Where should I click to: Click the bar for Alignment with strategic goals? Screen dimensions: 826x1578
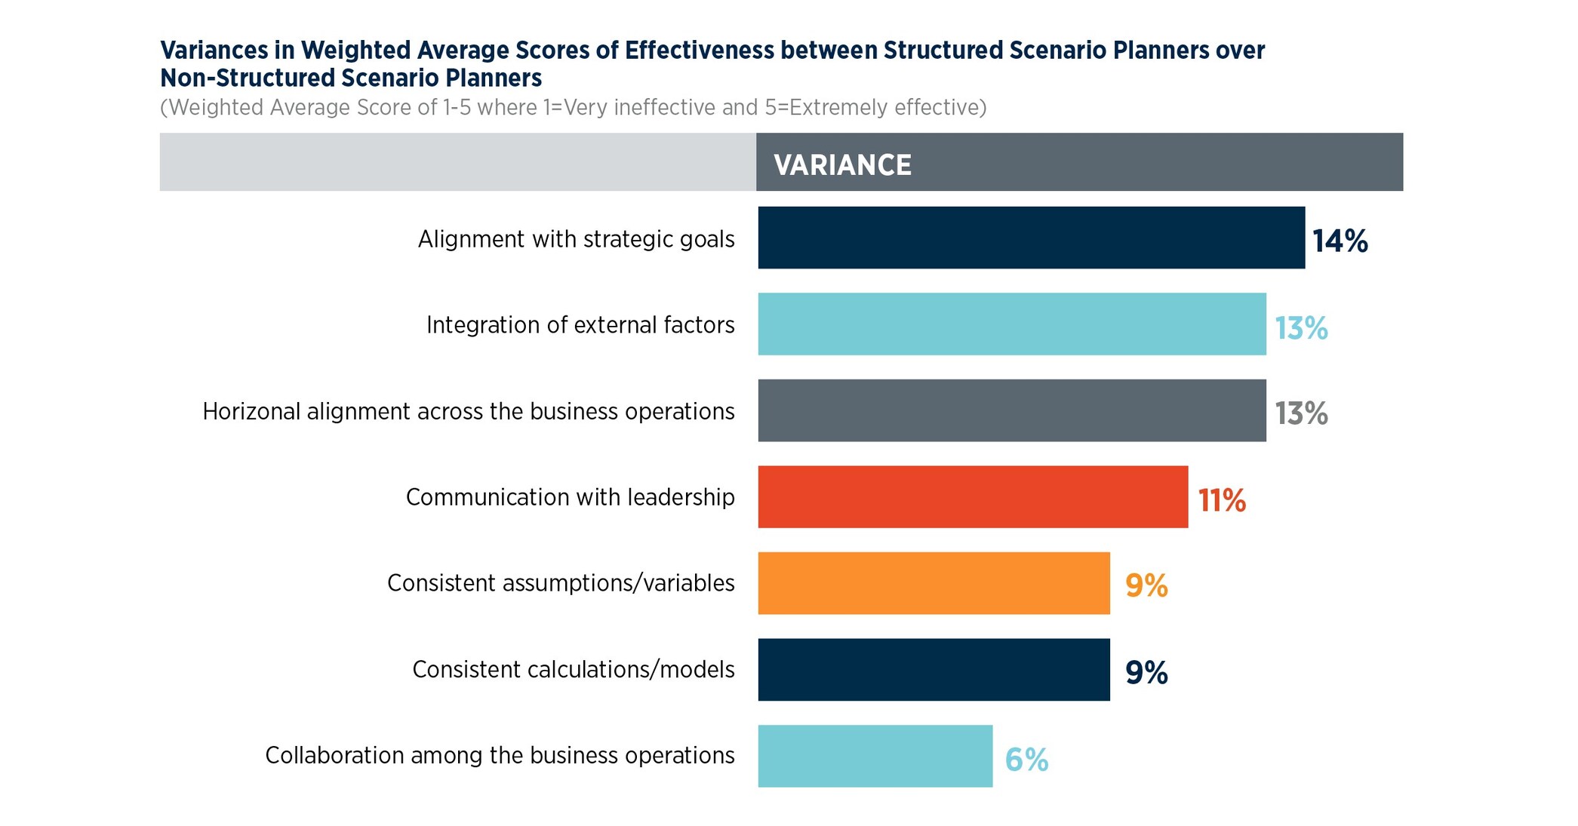tap(1031, 238)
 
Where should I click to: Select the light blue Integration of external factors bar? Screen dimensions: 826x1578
tap(1011, 324)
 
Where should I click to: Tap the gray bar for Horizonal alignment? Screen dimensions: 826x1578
tap(1011, 410)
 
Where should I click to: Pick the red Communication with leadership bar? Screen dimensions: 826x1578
tap(973, 496)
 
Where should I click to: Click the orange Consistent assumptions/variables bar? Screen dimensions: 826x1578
tap(934, 583)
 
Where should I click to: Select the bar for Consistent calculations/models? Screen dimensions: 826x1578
tap(934, 669)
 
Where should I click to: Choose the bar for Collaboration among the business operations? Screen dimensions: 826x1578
tap(875, 756)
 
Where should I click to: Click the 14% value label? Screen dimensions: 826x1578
tap(1340, 241)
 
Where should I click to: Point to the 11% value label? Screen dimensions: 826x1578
tap(1222, 500)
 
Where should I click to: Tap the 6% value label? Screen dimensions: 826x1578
tap(1026, 760)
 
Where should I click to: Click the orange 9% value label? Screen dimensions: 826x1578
tap(1146, 586)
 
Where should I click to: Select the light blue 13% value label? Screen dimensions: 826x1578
tap(1301, 328)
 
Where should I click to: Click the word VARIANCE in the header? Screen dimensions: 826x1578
tap(842, 165)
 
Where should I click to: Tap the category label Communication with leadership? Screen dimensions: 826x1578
tap(570, 497)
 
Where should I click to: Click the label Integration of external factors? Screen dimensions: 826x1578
tap(580, 325)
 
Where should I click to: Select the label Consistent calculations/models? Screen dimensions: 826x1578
tap(573, 670)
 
